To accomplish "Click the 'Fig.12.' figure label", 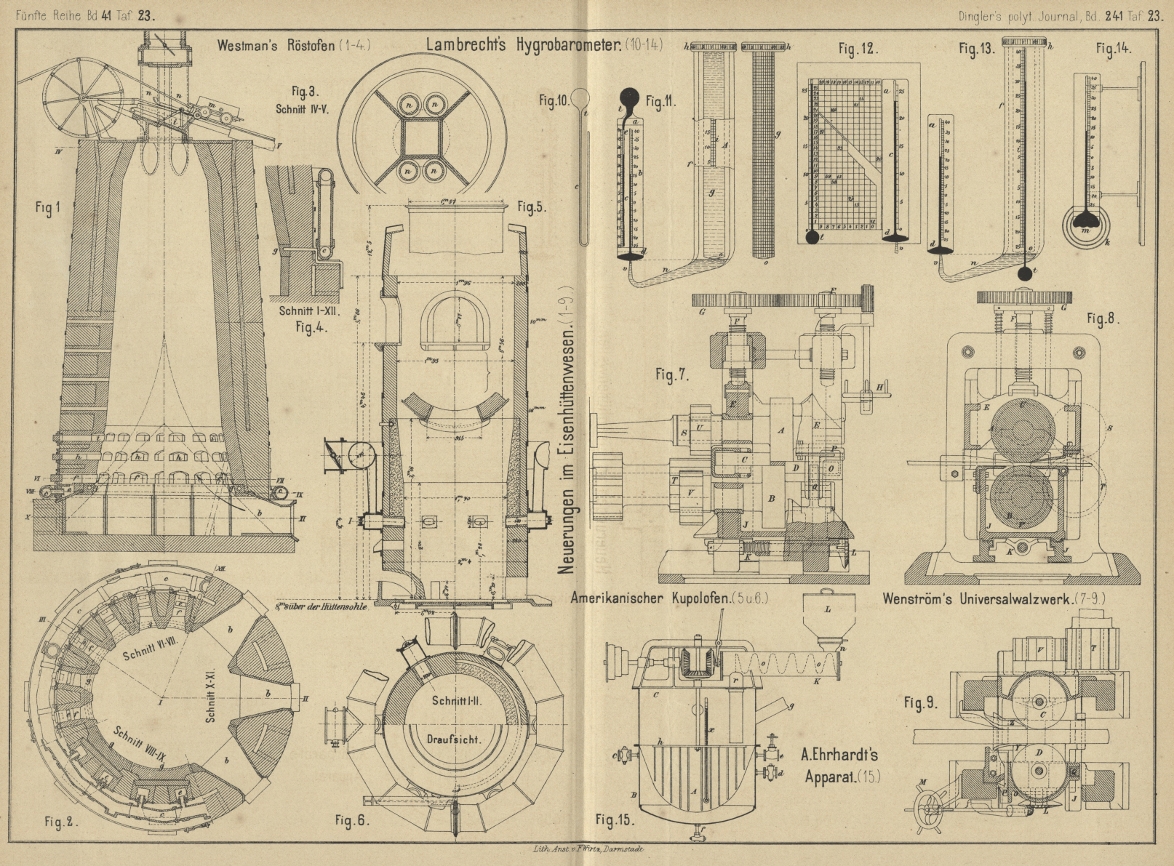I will (x=858, y=49).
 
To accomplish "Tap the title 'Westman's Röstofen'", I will (x=276, y=45).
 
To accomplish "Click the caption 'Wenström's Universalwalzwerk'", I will (x=978, y=600).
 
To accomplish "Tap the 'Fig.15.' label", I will (x=615, y=820).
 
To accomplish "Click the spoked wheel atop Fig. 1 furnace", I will (x=81, y=99).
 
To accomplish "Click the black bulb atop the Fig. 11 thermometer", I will (x=628, y=96).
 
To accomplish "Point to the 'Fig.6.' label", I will (x=354, y=820).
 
